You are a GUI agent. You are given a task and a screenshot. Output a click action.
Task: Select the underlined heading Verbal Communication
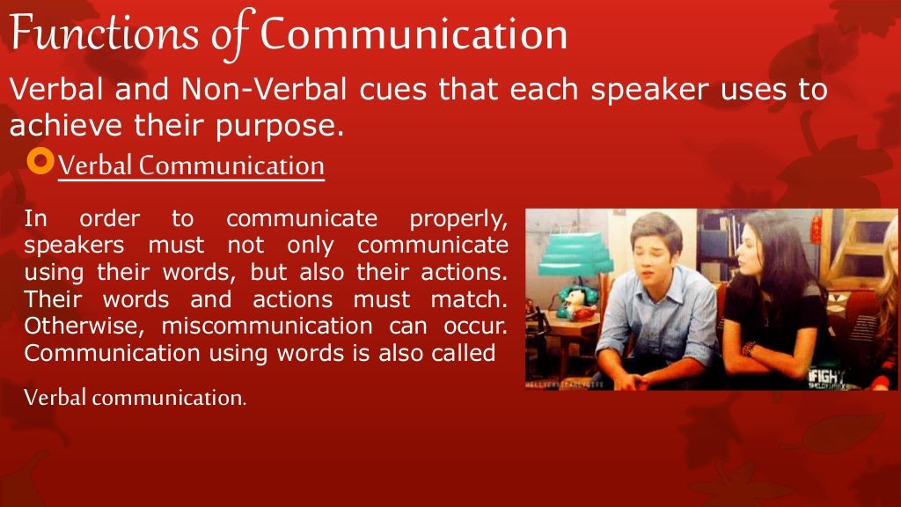(191, 165)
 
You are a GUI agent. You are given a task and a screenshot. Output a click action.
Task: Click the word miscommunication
(261, 326)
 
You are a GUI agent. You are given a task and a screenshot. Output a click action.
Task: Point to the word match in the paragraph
(474, 299)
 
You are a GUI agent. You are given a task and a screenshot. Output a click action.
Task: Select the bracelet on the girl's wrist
(749, 349)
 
